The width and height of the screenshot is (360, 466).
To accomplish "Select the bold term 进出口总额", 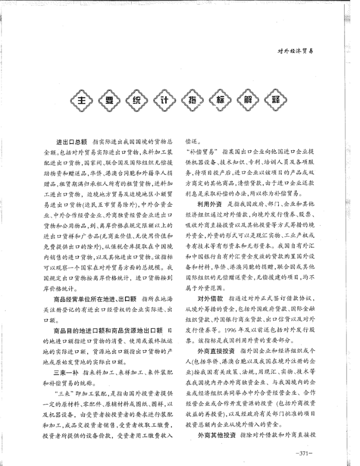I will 71,141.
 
